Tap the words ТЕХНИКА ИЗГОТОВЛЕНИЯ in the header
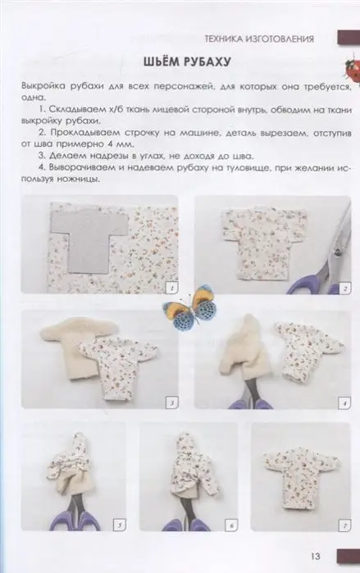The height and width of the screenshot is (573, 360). point(259,39)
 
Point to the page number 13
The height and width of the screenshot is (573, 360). point(316,556)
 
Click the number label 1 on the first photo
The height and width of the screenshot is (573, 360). point(171,289)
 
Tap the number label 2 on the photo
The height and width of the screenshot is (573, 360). point(345,289)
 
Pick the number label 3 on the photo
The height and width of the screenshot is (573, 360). point(171,403)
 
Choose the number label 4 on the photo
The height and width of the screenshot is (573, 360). point(344,403)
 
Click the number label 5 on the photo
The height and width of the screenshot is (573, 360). point(121,525)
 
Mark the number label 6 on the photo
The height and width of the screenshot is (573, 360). point(231,525)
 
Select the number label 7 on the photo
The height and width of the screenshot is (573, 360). point(345,525)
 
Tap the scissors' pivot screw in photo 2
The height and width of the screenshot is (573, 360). point(336,252)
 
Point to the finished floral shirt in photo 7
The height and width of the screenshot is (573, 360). point(301,475)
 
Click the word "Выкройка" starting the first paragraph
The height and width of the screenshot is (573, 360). point(43,87)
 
